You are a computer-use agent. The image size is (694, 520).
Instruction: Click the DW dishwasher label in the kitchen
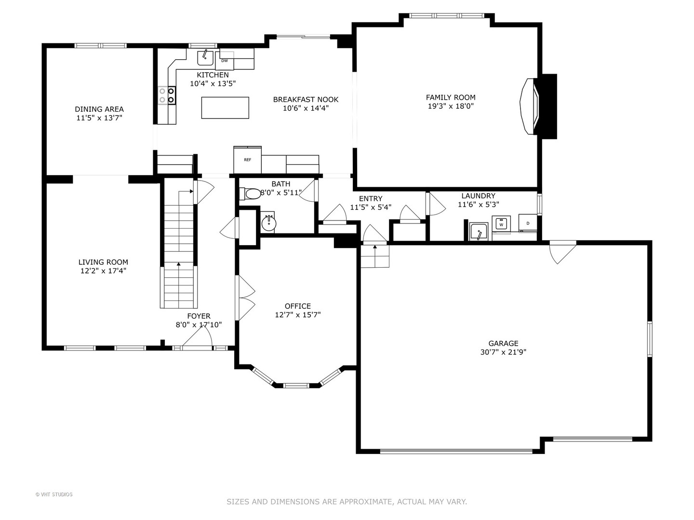tap(225, 61)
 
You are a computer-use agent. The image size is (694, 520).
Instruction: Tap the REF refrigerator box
tap(247, 159)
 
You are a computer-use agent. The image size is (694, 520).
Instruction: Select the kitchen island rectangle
tap(225, 107)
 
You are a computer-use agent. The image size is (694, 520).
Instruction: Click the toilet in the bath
tap(252, 194)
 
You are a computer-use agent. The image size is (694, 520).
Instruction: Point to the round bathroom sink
tap(268, 223)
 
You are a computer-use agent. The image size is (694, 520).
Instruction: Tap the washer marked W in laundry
tap(501, 224)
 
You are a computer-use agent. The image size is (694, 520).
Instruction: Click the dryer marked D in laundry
tap(528, 223)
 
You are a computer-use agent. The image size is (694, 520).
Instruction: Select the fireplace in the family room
tap(530, 106)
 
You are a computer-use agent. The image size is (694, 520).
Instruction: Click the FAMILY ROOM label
tap(450, 97)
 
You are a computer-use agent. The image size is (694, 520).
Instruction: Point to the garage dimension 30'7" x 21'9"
tap(503, 352)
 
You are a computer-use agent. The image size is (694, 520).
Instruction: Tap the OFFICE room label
tap(297, 306)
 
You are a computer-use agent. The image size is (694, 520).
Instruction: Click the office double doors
tap(245, 298)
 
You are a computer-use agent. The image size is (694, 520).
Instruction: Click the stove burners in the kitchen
tap(166, 95)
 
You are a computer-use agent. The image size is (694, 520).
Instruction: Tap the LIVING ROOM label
tap(103, 262)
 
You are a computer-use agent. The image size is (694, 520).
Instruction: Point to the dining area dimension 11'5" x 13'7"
tap(99, 118)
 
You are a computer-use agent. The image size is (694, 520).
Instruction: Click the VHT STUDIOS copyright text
tap(54, 494)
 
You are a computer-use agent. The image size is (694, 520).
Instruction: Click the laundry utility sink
tap(479, 232)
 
